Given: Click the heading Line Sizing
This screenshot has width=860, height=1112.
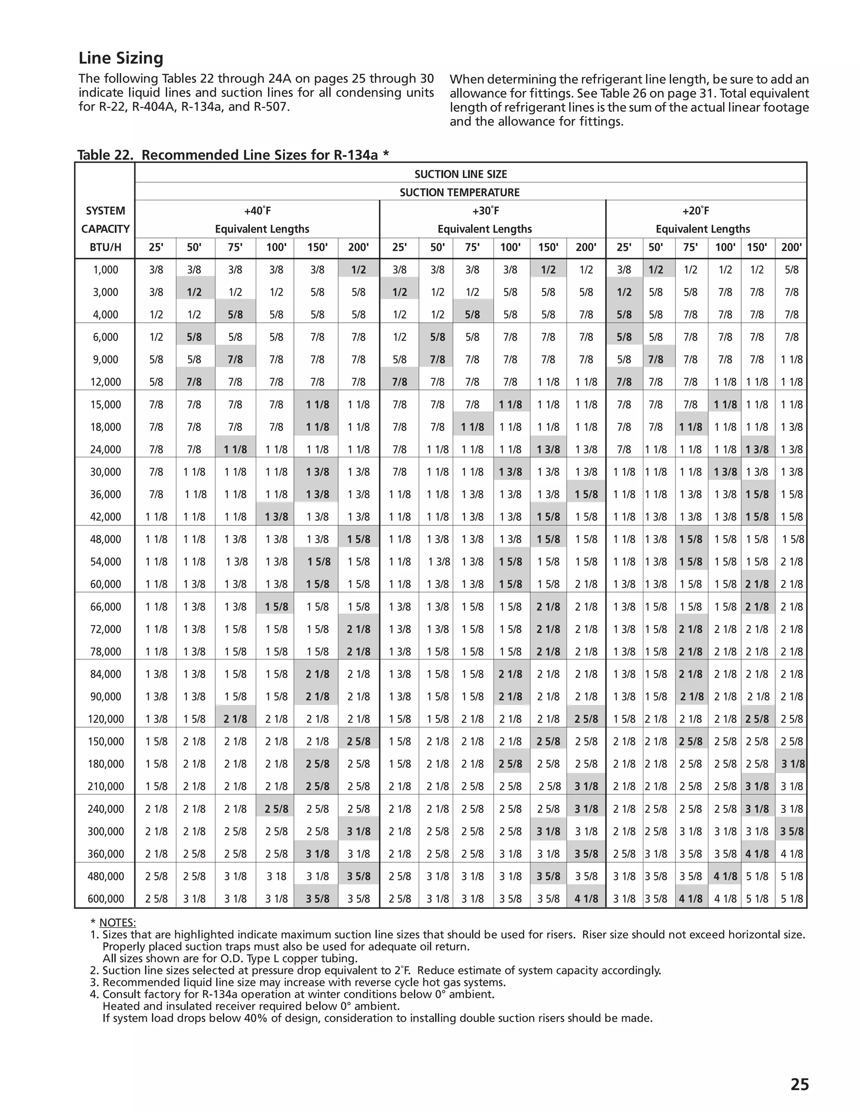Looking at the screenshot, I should click(121, 58).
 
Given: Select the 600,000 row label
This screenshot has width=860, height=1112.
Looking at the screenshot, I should click(105, 899).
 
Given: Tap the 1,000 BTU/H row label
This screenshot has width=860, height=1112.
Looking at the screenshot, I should click(105, 270).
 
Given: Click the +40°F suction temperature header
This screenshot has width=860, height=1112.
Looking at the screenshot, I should click(257, 211).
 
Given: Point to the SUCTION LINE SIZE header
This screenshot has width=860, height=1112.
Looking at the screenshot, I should click(461, 174).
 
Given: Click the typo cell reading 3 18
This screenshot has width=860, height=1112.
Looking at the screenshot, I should click(276, 876).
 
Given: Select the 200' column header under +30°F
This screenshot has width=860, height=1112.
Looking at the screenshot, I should click(586, 248).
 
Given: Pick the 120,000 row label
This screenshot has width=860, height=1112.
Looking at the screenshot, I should click(105, 719).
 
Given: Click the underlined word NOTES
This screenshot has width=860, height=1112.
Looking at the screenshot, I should click(117, 923).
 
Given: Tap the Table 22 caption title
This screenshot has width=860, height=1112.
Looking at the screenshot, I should click(233, 155).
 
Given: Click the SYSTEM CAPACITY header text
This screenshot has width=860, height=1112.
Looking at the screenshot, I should click(105, 220).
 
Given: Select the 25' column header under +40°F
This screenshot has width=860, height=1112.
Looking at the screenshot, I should click(156, 248).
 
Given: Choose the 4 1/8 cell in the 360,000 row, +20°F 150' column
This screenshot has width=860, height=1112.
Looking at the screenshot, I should click(757, 854).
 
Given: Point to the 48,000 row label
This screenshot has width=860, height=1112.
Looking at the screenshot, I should click(105, 539).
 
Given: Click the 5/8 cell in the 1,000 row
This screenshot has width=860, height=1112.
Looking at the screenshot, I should click(791, 270).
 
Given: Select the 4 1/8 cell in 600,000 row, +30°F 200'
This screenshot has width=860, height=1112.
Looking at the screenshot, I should click(586, 899).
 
